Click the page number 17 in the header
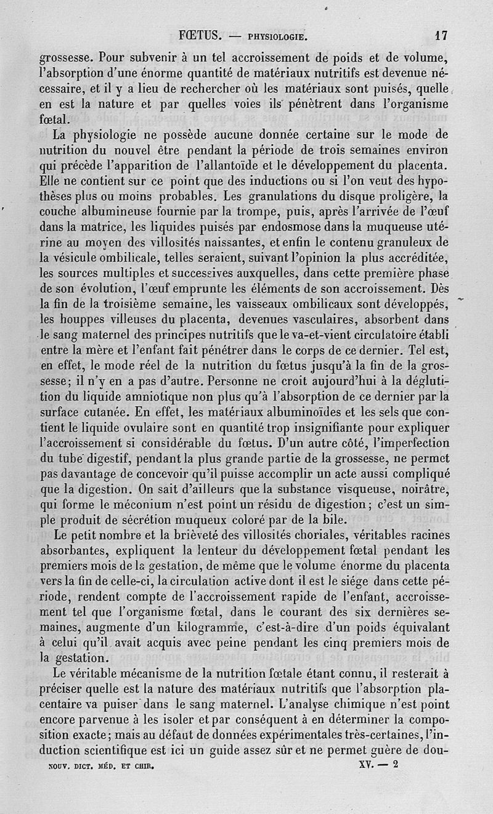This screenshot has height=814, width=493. [x=440, y=35]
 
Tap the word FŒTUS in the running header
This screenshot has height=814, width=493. [x=198, y=35]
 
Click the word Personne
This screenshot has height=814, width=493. [x=232, y=381]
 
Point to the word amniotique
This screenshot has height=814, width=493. [x=162, y=396]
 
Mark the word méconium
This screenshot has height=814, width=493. [x=137, y=504]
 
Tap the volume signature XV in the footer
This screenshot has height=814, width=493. [x=367, y=768]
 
